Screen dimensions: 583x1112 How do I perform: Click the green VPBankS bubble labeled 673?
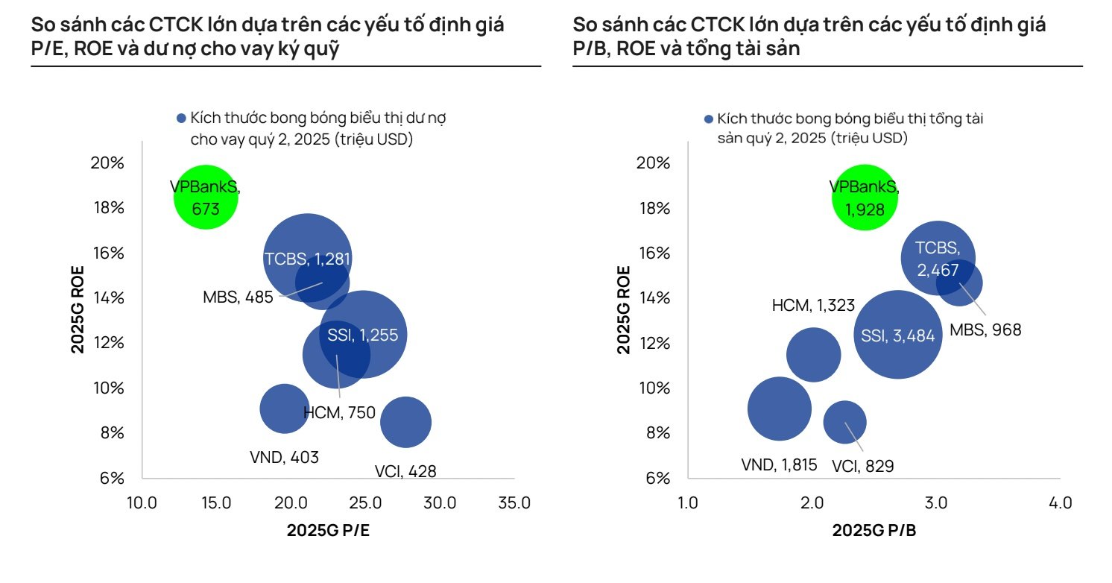tap(206, 198)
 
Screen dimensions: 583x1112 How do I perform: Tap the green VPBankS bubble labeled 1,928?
tap(865, 198)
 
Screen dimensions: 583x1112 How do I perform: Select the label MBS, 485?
tap(238, 297)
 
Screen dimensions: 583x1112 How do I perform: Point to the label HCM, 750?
tap(339, 412)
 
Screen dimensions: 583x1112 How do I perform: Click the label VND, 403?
tap(284, 457)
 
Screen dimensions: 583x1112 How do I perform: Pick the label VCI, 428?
tap(405, 471)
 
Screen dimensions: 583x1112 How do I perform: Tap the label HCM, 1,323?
tap(813, 305)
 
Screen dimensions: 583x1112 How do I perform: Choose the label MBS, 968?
tap(985, 329)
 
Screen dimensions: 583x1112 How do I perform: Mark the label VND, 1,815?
tap(779, 465)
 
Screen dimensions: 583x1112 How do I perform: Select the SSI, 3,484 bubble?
tap(897, 335)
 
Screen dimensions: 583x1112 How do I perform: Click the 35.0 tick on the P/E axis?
tap(514, 503)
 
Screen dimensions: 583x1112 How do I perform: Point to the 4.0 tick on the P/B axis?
tap(1059, 503)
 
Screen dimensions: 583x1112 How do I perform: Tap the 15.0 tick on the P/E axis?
tap(216, 503)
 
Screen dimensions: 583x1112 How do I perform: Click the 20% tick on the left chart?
tap(107, 163)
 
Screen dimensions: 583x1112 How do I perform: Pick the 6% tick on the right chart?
tap(653, 478)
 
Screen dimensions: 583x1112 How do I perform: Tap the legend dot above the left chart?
tap(180, 119)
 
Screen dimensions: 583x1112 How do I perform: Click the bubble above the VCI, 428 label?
tap(405, 423)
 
